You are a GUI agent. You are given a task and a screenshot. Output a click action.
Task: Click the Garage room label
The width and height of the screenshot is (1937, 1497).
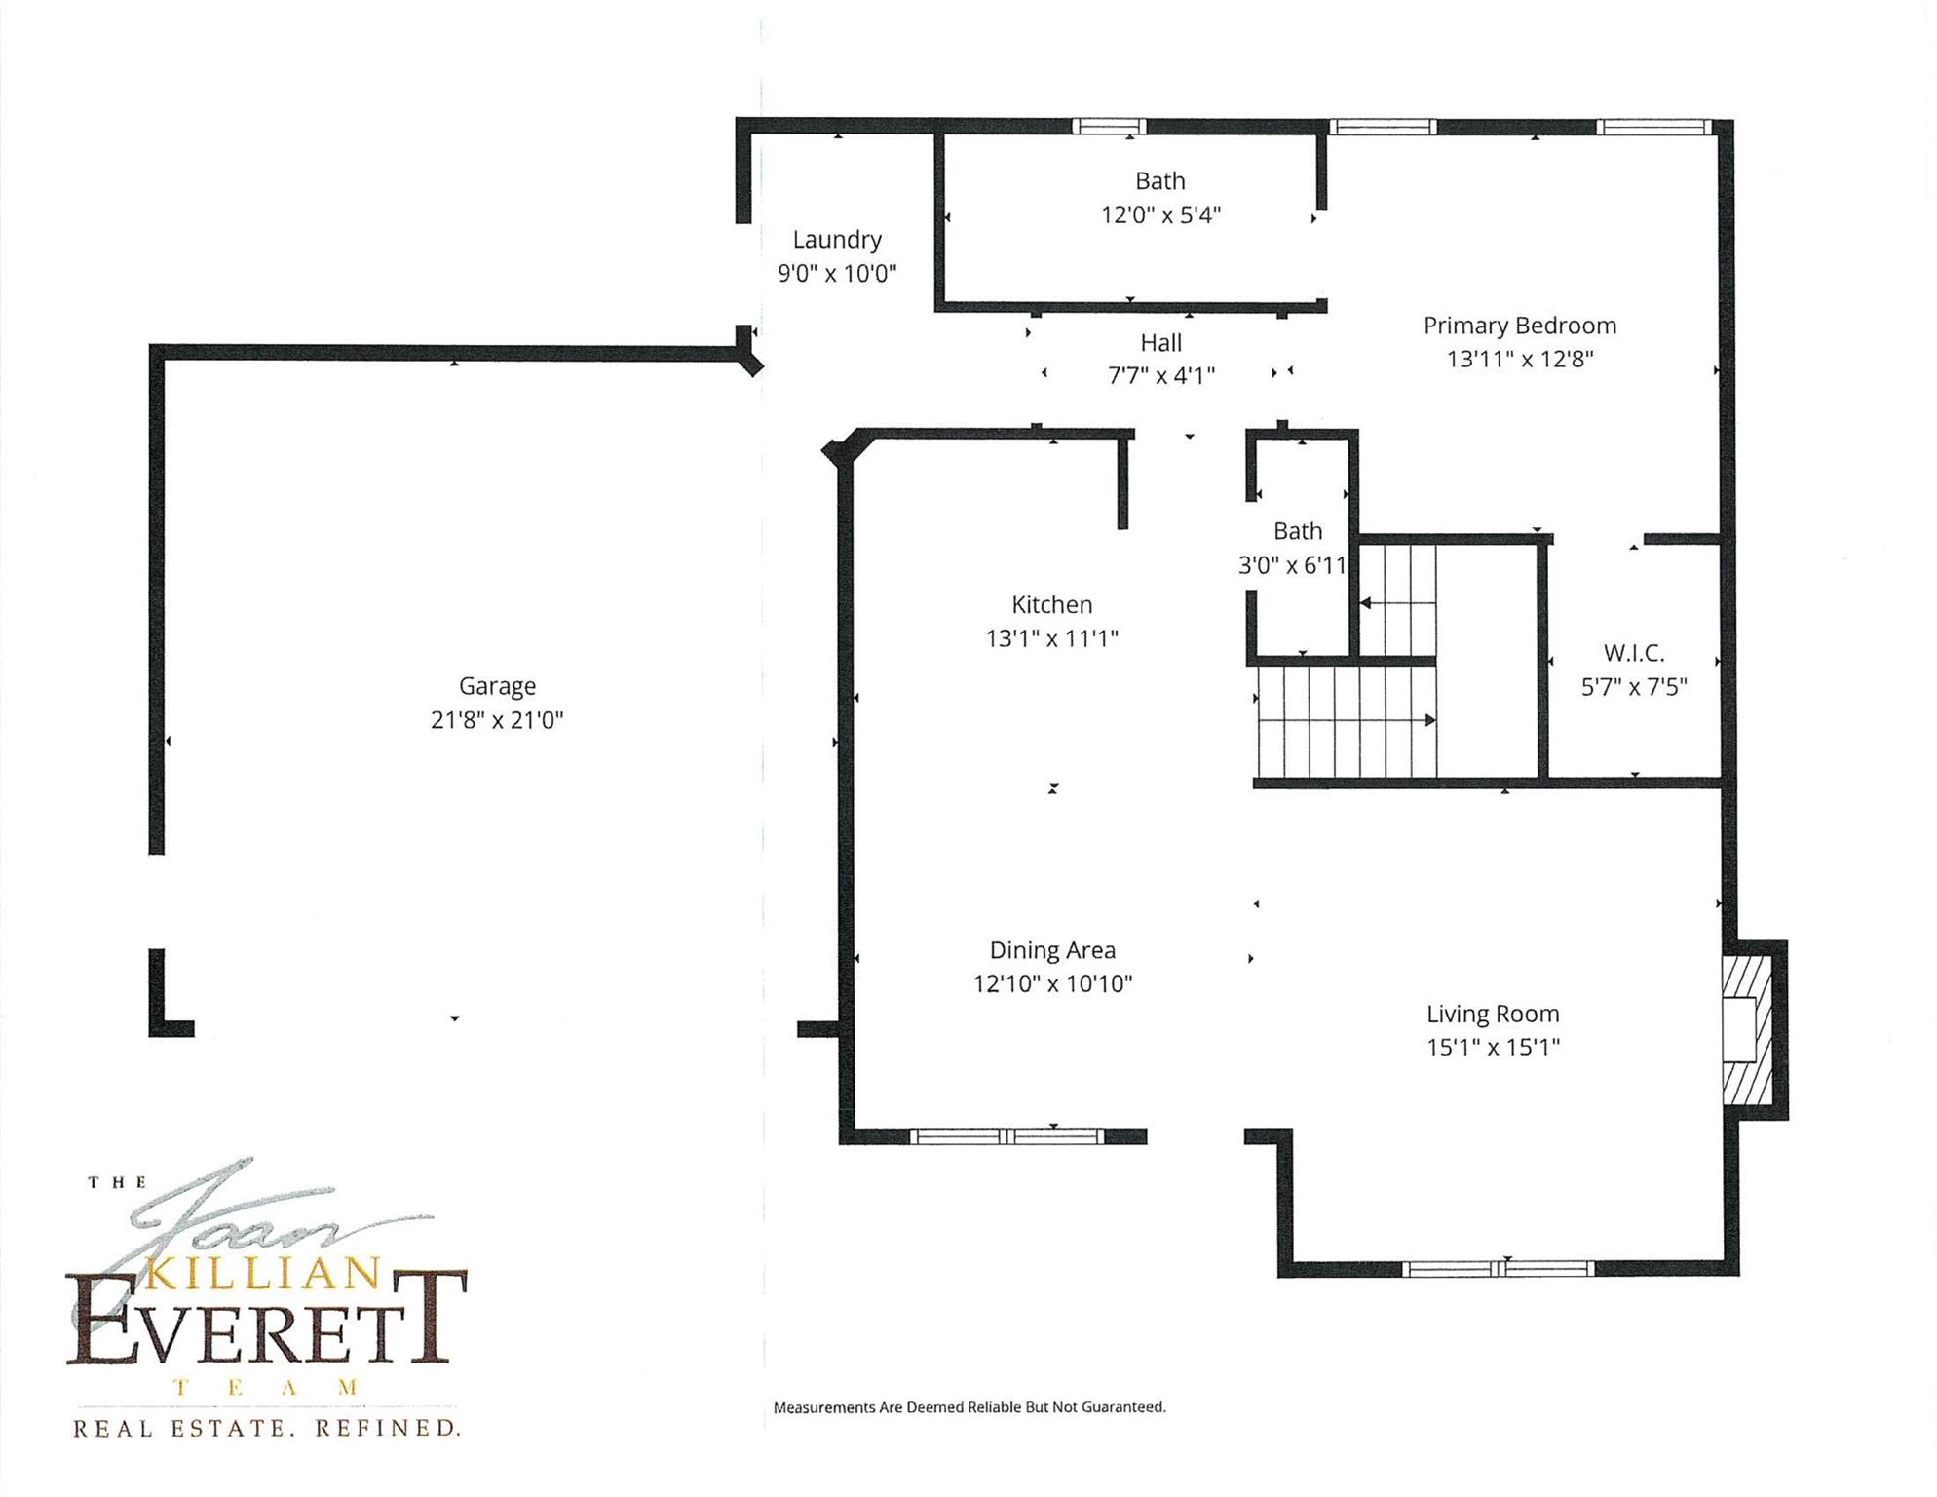click(497, 686)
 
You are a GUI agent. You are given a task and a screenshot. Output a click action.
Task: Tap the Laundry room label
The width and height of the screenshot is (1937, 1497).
click(837, 240)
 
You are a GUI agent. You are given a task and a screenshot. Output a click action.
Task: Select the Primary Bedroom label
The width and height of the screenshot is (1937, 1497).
click(1520, 326)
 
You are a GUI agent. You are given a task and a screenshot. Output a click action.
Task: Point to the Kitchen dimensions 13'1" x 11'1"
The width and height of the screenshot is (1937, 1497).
click(1052, 638)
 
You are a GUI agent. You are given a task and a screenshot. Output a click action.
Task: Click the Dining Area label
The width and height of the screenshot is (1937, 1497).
click(1052, 950)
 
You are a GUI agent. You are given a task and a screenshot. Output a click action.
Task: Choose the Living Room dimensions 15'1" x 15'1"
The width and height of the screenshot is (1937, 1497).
click(1494, 1047)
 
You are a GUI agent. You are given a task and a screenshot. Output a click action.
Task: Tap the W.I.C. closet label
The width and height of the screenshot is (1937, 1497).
click(1634, 653)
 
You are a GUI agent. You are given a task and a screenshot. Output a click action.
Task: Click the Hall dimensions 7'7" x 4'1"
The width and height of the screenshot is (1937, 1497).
click(1161, 375)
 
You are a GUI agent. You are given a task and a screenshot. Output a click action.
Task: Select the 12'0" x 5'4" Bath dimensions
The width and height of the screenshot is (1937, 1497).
click(1160, 214)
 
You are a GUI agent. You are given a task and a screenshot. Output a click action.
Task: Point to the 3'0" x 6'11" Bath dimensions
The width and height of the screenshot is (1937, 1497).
click(1293, 565)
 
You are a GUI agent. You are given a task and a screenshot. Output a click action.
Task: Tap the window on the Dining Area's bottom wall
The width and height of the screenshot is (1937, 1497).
click(1007, 1136)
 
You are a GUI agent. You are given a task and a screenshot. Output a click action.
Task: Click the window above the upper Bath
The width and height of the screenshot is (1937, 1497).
click(1110, 126)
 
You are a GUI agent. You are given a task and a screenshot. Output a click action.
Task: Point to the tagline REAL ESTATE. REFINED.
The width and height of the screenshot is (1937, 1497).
click(266, 1429)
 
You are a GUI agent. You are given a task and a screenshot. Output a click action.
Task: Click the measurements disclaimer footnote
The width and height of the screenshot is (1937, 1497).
click(969, 1407)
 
